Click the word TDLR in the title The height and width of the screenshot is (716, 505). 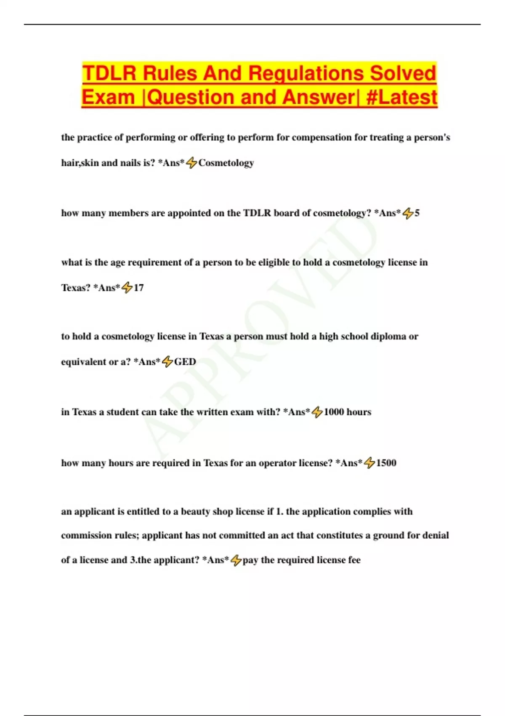[109, 73]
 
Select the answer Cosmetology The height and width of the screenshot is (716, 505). [226, 163]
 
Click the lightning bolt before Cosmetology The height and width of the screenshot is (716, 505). [191, 163]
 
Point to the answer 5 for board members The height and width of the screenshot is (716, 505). [417, 213]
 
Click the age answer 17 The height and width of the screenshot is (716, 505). [139, 288]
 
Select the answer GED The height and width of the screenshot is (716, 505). [185, 361]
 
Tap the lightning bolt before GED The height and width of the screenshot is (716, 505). [167, 361]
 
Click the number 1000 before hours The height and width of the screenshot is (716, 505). [334, 412]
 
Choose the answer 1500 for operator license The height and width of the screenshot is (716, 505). [386, 463]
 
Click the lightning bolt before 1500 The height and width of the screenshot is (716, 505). [369, 463]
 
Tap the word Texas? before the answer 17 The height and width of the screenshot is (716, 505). [76, 288]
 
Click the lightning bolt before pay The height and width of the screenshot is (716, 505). [236, 560]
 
